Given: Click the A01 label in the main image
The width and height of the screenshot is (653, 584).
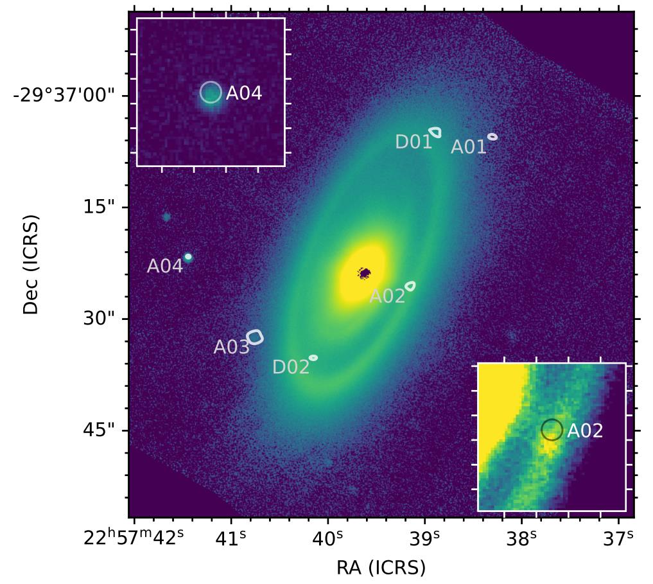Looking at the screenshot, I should (x=469, y=146).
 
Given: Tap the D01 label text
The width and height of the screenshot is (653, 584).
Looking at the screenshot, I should (x=414, y=142).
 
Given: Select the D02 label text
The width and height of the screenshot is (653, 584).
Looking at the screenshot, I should (x=291, y=367).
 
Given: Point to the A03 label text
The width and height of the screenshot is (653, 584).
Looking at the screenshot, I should (x=231, y=347).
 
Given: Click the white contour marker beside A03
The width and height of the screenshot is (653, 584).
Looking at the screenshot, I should (x=255, y=337).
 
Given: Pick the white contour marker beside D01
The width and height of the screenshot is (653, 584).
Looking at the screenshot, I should (x=435, y=132).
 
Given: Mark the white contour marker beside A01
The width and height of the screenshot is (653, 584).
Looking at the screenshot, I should (x=492, y=137).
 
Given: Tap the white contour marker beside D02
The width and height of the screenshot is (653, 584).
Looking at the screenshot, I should (x=313, y=358).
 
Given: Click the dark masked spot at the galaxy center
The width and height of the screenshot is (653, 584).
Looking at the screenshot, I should (x=364, y=274).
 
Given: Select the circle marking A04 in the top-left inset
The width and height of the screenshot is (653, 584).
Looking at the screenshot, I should (x=211, y=93).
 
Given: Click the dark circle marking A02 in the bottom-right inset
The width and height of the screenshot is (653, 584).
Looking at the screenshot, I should (x=552, y=430).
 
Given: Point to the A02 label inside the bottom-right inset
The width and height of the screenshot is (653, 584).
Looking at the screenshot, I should (x=585, y=430).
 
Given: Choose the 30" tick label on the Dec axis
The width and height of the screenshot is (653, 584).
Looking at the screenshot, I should (x=100, y=319).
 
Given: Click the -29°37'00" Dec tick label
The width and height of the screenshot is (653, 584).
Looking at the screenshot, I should (x=64, y=96).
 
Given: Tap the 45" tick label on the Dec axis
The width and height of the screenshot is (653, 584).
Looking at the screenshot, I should (x=100, y=430).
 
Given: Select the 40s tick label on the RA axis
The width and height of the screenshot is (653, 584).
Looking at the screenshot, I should (x=327, y=536).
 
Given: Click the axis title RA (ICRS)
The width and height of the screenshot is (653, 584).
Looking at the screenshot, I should (x=381, y=567).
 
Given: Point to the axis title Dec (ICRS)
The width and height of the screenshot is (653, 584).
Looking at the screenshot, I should (x=31, y=265).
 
